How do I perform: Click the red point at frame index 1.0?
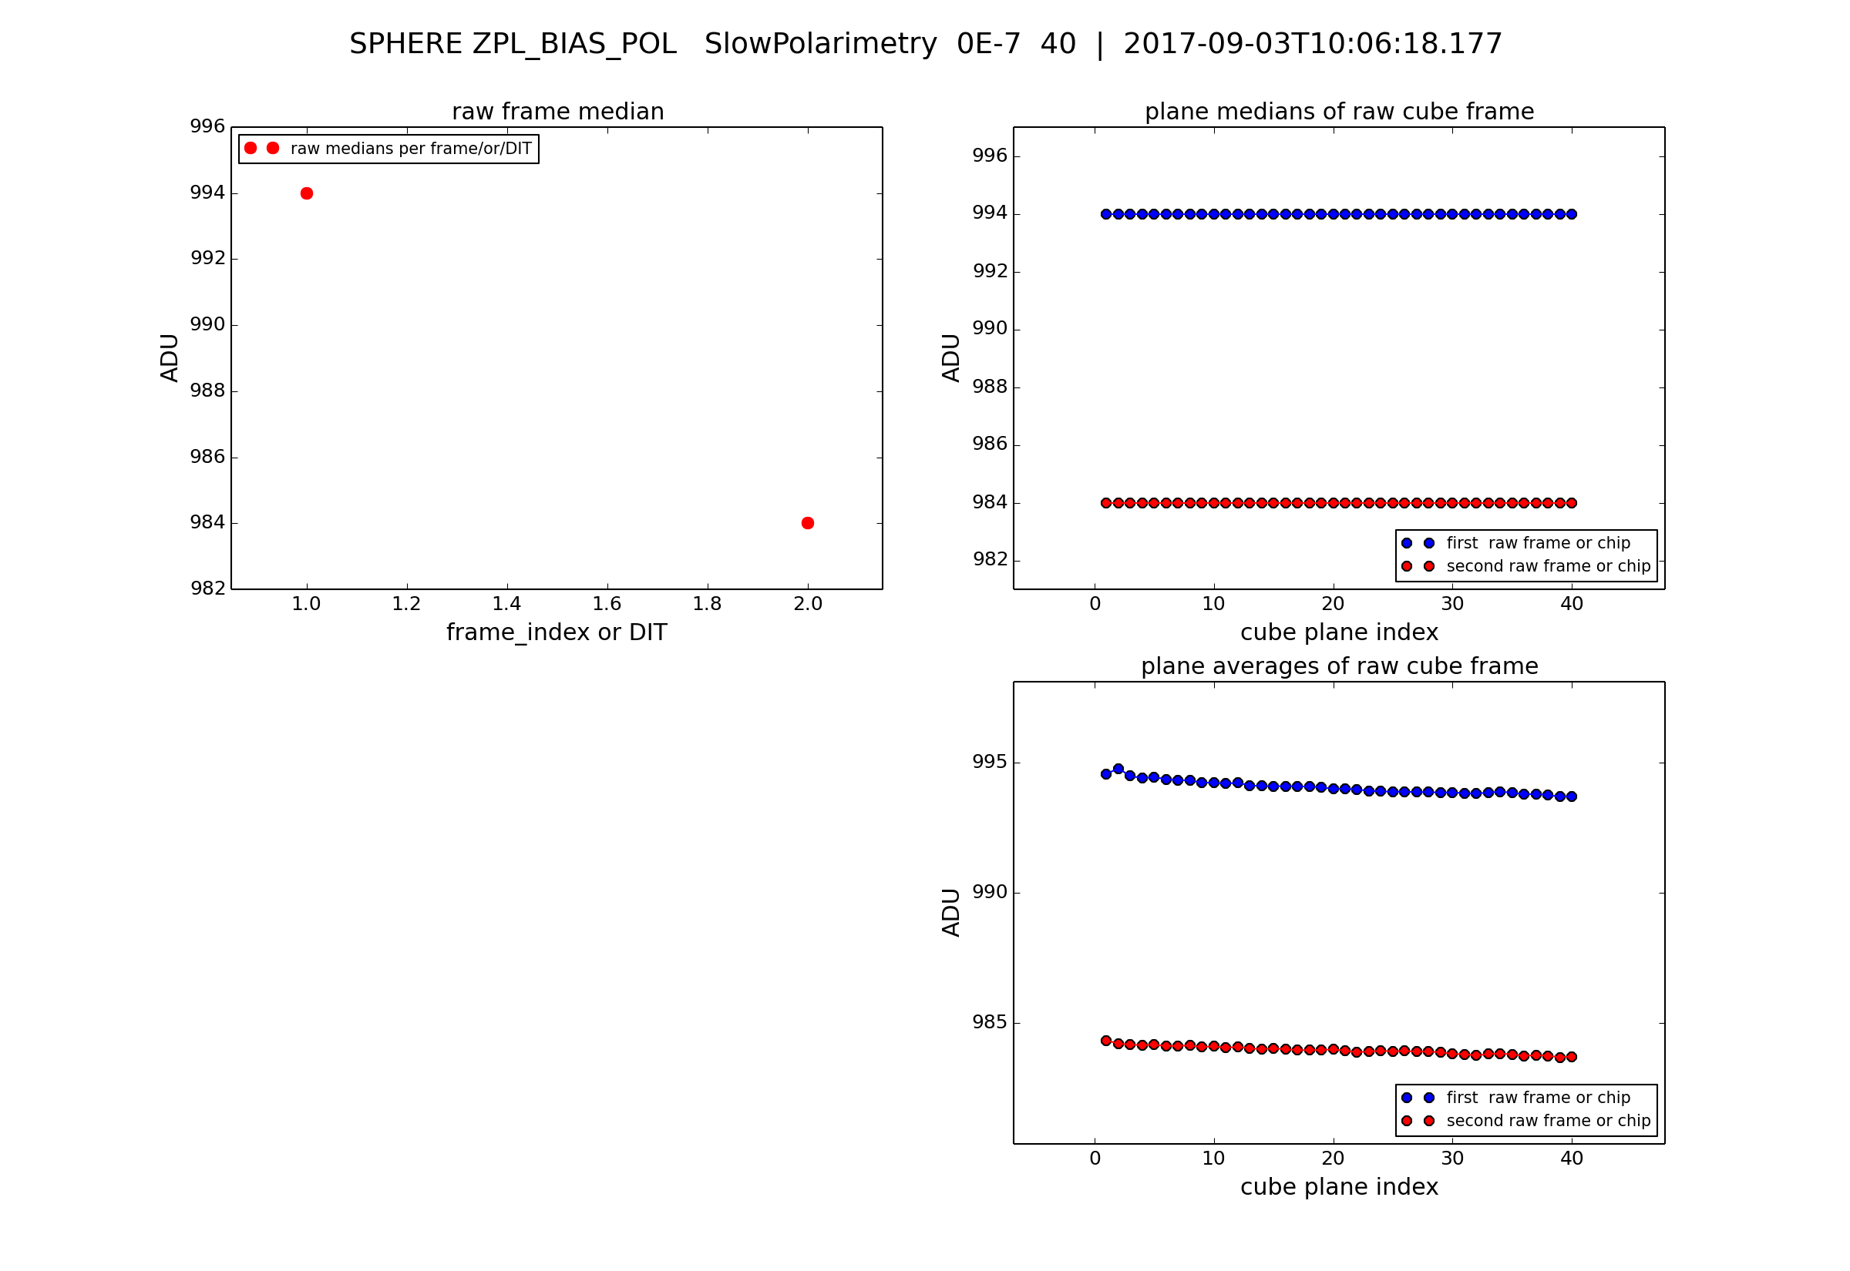tap(307, 193)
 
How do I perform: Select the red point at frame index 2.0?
tap(808, 523)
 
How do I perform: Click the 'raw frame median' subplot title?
tap(558, 112)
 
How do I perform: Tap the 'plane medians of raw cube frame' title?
tap(1339, 112)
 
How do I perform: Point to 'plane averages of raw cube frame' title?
tap(1339, 666)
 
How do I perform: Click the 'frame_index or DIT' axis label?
tap(556, 632)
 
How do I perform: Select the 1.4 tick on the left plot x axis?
tap(506, 605)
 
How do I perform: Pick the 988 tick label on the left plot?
tap(207, 391)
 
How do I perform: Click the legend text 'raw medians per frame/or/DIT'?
tap(410, 149)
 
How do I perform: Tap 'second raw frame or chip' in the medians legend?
tap(1548, 566)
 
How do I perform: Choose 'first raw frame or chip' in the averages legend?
tap(1538, 1098)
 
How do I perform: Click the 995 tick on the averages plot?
tap(990, 762)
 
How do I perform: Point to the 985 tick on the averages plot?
tap(990, 1021)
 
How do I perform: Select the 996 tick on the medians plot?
tap(990, 156)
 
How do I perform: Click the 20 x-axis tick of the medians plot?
tap(1333, 605)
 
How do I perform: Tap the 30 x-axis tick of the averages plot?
tap(1452, 1159)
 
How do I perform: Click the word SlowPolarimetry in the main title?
tap(820, 44)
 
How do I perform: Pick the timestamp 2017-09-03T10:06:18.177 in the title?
tap(1312, 44)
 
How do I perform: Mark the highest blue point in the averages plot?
tap(1118, 770)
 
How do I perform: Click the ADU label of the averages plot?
tap(951, 913)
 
